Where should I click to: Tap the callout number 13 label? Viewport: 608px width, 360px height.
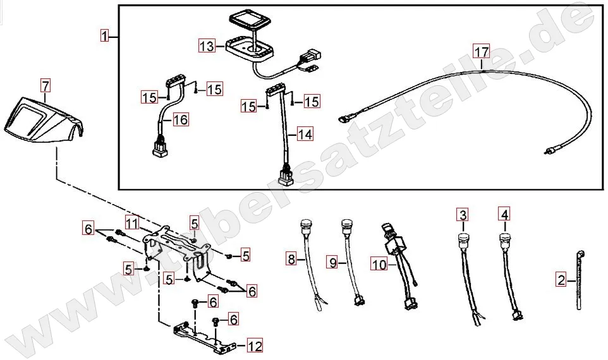pyautogui.click(x=207, y=46)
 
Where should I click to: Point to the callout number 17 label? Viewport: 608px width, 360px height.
pyautogui.click(x=482, y=51)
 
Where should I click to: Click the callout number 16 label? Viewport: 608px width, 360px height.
pyautogui.click(x=180, y=119)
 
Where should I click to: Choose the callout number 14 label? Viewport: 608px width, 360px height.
pyautogui.click(x=305, y=135)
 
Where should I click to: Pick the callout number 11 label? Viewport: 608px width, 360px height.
pyautogui.click(x=131, y=223)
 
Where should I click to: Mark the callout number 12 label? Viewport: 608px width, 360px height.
pyautogui.click(x=254, y=346)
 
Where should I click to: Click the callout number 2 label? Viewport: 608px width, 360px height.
pyautogui.click(x=561, y=279)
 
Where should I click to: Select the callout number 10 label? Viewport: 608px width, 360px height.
pyautogui.click(x=379, y=266)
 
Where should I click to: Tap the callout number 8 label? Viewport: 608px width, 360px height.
pyautogui.click(x=291, y=258)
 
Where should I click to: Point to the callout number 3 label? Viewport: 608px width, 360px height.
pyautogui.click(x=463, y=215)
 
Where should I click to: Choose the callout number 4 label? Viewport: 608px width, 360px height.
pyautogui.click(x=504, y=215)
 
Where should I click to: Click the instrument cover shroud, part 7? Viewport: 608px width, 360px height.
pyautogui.click(x=41, y=121)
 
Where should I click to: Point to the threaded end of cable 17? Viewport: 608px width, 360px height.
pyautogui.click(x=547, y=152)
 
